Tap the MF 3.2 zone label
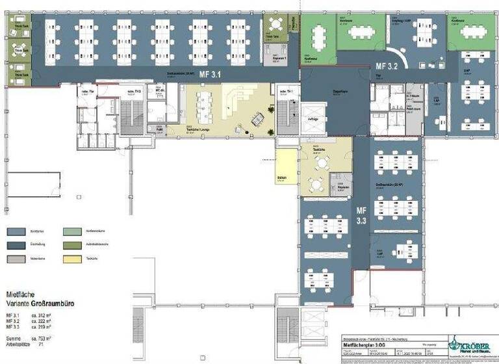coord(386,66)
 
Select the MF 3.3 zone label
coord(361,216)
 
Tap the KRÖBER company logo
coord(470,345)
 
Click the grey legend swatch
coord(16,259)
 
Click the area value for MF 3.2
coord(43,321)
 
